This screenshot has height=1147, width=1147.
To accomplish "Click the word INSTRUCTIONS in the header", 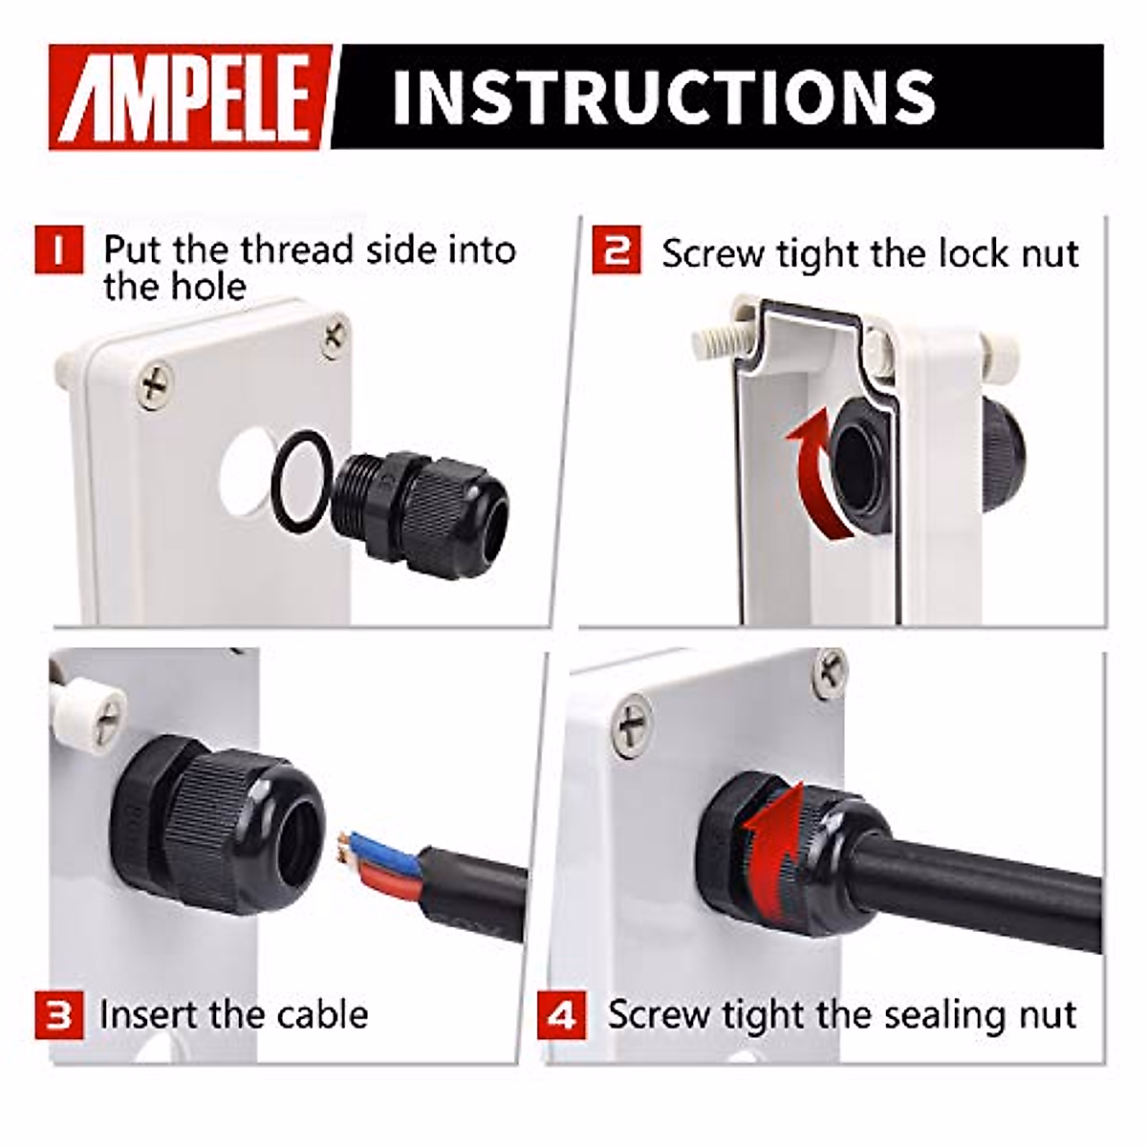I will point(663,97).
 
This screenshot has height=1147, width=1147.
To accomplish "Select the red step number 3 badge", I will point(59,1014).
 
